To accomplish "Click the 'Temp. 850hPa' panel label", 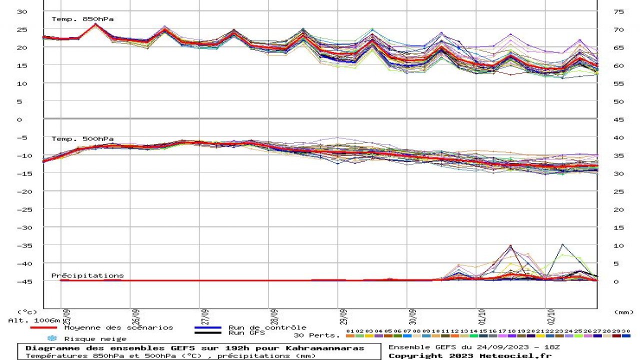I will point(82,19).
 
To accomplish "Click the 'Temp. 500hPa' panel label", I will point(82,138).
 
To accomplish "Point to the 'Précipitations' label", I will point(87,275).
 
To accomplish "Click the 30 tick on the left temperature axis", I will point(22,11).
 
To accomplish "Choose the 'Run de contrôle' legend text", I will point(267,327).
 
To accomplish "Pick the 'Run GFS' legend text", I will point(246,332).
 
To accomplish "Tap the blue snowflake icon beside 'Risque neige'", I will point(52,338).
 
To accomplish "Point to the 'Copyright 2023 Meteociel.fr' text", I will point(469,355).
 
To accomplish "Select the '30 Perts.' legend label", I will point(316,335).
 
